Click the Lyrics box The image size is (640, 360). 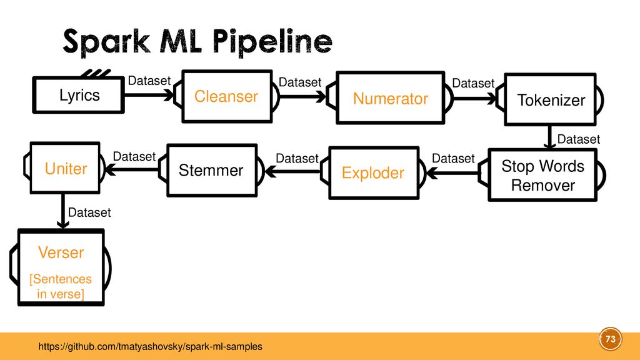point(78,95)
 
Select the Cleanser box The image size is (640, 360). point(227,96)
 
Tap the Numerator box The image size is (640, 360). point(390,98)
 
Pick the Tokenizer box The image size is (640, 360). point(550,99)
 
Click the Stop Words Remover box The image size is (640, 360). point(543,175)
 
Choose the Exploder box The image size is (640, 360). point(374,172)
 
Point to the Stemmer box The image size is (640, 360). point(212,170)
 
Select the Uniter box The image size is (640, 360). point(65,167)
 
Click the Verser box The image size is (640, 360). point(61,267)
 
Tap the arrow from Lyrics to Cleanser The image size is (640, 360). point(149,95)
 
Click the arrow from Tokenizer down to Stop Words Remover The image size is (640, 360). point(550,137)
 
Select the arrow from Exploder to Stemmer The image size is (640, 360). point(292,172)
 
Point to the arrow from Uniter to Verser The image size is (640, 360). point(63,211)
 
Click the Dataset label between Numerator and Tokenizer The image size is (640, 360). point(473,83)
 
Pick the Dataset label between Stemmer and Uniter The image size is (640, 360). point(134,156)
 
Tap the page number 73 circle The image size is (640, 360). point(610,339)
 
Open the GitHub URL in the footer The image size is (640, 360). point(150,346)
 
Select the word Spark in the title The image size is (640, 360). point(106,42)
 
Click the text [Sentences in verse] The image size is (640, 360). point(61,286)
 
